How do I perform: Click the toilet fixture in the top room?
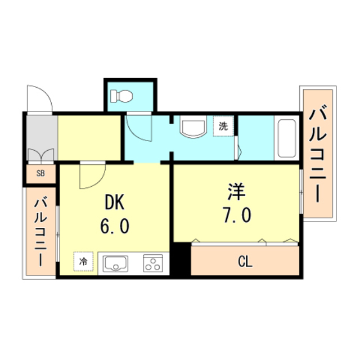pyautogui.click(x=121, y=96)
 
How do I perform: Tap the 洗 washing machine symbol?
pyautogui.click(x=223, y=127)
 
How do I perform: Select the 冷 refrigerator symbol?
pyautogui.click(x=83, y=261)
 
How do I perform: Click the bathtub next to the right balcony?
pyautogui.click(x=287, y=139)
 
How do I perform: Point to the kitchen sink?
pyautogui.click(x=115, y=263)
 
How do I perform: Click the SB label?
pyautogui.click(x=41, y=173)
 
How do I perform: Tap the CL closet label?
pyautogui.click(x=245, y=262)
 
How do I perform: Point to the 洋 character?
pyautogui.click(x=236, y=193)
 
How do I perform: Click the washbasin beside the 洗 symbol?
pyautogui.click(x=193, y=127)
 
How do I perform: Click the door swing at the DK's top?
pyautogui.click(x=91, y=175)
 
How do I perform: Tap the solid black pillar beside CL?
pyautogui.click(x=181, y=259)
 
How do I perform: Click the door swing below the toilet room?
pyautogui.click(x=138, y=127)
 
